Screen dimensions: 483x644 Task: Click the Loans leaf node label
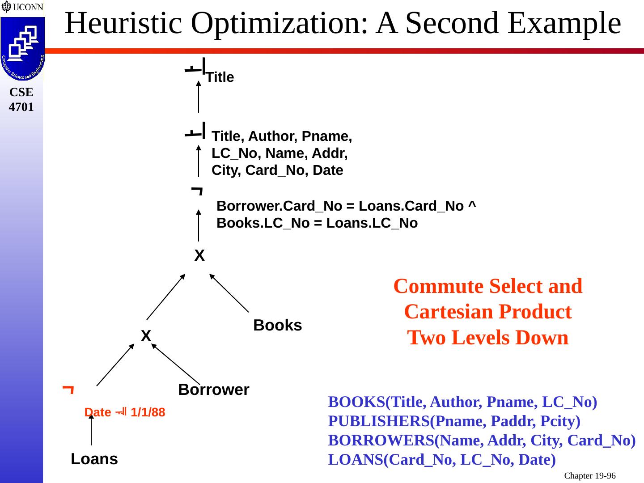tap(94, 459)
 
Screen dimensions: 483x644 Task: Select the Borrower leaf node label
tap(213, 390)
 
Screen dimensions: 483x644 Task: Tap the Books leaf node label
tap(277, 325)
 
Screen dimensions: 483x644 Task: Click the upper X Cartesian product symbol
tap(199, 256)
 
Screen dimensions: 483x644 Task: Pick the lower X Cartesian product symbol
tap(146, 335)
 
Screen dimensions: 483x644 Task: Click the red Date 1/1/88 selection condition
tap(125, 412)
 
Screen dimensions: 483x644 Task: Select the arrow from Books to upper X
tap(229, 292)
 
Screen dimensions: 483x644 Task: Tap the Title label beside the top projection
tap(220, 77)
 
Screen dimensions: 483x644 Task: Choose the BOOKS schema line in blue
tap(462, 402)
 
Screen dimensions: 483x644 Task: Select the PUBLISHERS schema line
tap(454, 421)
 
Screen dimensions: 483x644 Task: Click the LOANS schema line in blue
tap(442, 459)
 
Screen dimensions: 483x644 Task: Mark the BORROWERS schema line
tap(482, 441)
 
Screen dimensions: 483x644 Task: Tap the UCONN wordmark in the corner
tap(26, 7)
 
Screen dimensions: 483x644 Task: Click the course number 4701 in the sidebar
tap(21, 107)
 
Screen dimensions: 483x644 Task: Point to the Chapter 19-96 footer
tap(589, 476)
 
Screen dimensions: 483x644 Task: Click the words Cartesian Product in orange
tap(487, 312)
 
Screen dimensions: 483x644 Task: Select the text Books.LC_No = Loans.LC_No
tap(317, 223)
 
